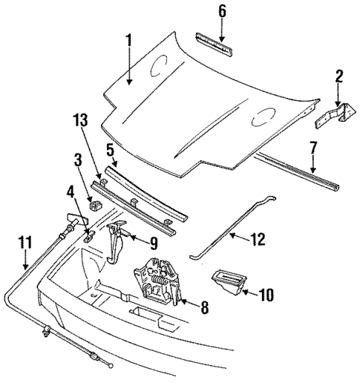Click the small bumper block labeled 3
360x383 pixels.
(x=94, y=205)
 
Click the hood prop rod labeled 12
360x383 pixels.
(x=230, y=227)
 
